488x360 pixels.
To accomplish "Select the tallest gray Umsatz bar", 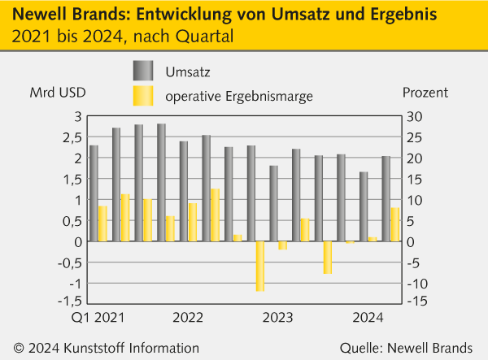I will pos(162,183).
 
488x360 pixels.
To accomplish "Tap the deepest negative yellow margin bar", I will pos(260,266).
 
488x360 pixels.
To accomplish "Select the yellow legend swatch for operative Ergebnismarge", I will pos(142,97).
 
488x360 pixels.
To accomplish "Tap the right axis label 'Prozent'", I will pos(425,92).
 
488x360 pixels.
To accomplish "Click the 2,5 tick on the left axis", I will pos(74,137).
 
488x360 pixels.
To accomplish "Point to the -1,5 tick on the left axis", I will pos(72,302).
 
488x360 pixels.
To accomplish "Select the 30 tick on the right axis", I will pos(414,116).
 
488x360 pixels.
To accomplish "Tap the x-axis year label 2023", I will pos(277,317).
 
